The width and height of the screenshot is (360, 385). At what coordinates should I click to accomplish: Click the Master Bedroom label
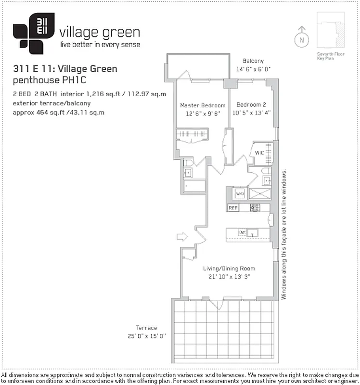203,105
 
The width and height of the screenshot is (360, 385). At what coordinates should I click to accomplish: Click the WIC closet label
260,154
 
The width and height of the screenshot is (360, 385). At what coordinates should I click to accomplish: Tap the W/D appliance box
239,194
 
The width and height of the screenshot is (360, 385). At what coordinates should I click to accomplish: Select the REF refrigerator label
233,208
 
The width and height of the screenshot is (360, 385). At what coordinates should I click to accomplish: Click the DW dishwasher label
243,233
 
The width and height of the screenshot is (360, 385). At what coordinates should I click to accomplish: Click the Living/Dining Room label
228,269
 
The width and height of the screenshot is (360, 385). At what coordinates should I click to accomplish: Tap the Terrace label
146,328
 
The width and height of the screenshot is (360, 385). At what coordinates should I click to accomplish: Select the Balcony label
253,61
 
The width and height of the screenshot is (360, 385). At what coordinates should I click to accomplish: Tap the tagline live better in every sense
100,45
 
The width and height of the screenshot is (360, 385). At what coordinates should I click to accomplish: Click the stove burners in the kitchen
254,208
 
